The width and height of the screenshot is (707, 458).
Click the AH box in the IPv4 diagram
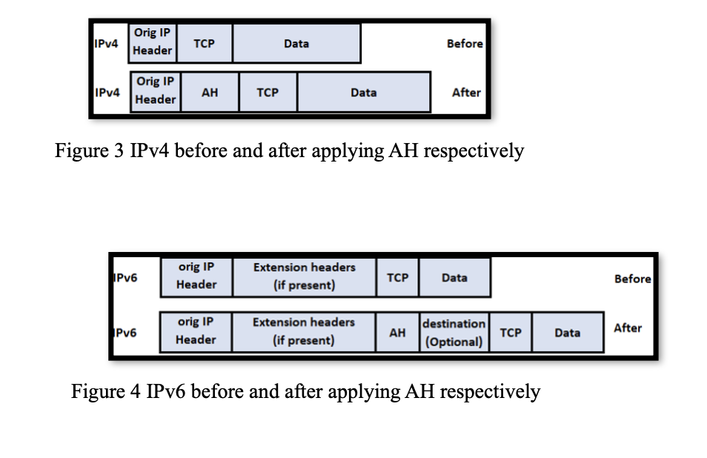coord(210,93)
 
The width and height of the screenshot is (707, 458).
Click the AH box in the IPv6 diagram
coord(397,333)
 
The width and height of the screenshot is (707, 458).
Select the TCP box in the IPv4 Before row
coord(204,44)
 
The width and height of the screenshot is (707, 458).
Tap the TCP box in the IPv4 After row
coord(268,93)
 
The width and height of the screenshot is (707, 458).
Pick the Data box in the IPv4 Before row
coord(296,44)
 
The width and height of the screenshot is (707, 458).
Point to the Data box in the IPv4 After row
coord(363,93)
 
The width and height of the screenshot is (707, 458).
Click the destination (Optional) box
coord(454,333)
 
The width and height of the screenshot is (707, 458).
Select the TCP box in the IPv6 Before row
coord(398,277)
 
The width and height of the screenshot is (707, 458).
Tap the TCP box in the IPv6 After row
coord(510,333)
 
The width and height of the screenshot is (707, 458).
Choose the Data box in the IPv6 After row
coord(567,333)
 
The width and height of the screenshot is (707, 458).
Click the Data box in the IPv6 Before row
coord(454,277)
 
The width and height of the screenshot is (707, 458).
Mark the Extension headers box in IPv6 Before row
coord(304,276)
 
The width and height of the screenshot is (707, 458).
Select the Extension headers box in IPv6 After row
coord(304,331)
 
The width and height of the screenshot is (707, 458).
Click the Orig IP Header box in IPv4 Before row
coord(153,42)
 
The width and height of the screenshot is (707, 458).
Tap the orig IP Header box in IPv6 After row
coord(196,331)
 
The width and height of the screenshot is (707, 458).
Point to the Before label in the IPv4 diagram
coord(465,44)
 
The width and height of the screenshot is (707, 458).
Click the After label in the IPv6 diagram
coord(627,328)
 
